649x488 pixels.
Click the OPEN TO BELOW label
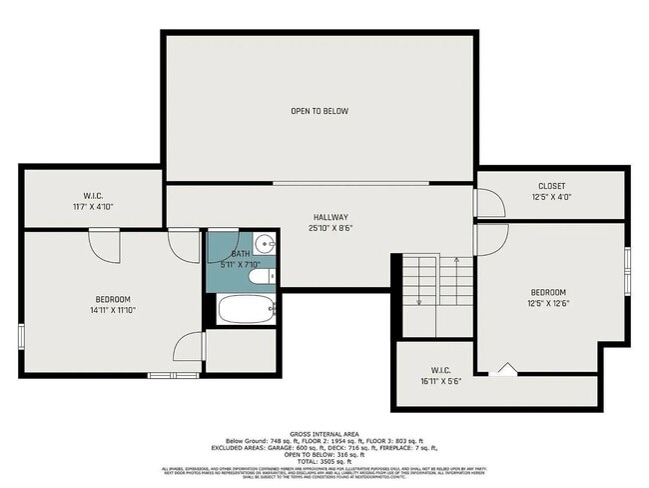coord(320,111)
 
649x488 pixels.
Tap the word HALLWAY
coord(328,217)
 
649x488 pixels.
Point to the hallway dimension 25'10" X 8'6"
coord(330,228)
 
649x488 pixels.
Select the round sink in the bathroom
coord(265,243)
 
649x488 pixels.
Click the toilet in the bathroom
coord(262,278)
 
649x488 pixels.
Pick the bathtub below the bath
coord(246,309)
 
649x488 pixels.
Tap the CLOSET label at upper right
coord(551,186)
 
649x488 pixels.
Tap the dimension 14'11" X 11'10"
coord(113,311)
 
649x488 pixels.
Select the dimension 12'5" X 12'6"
coord(547,303)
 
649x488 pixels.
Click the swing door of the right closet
coord(489,203)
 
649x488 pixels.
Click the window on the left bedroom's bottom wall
coord(173,375)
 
